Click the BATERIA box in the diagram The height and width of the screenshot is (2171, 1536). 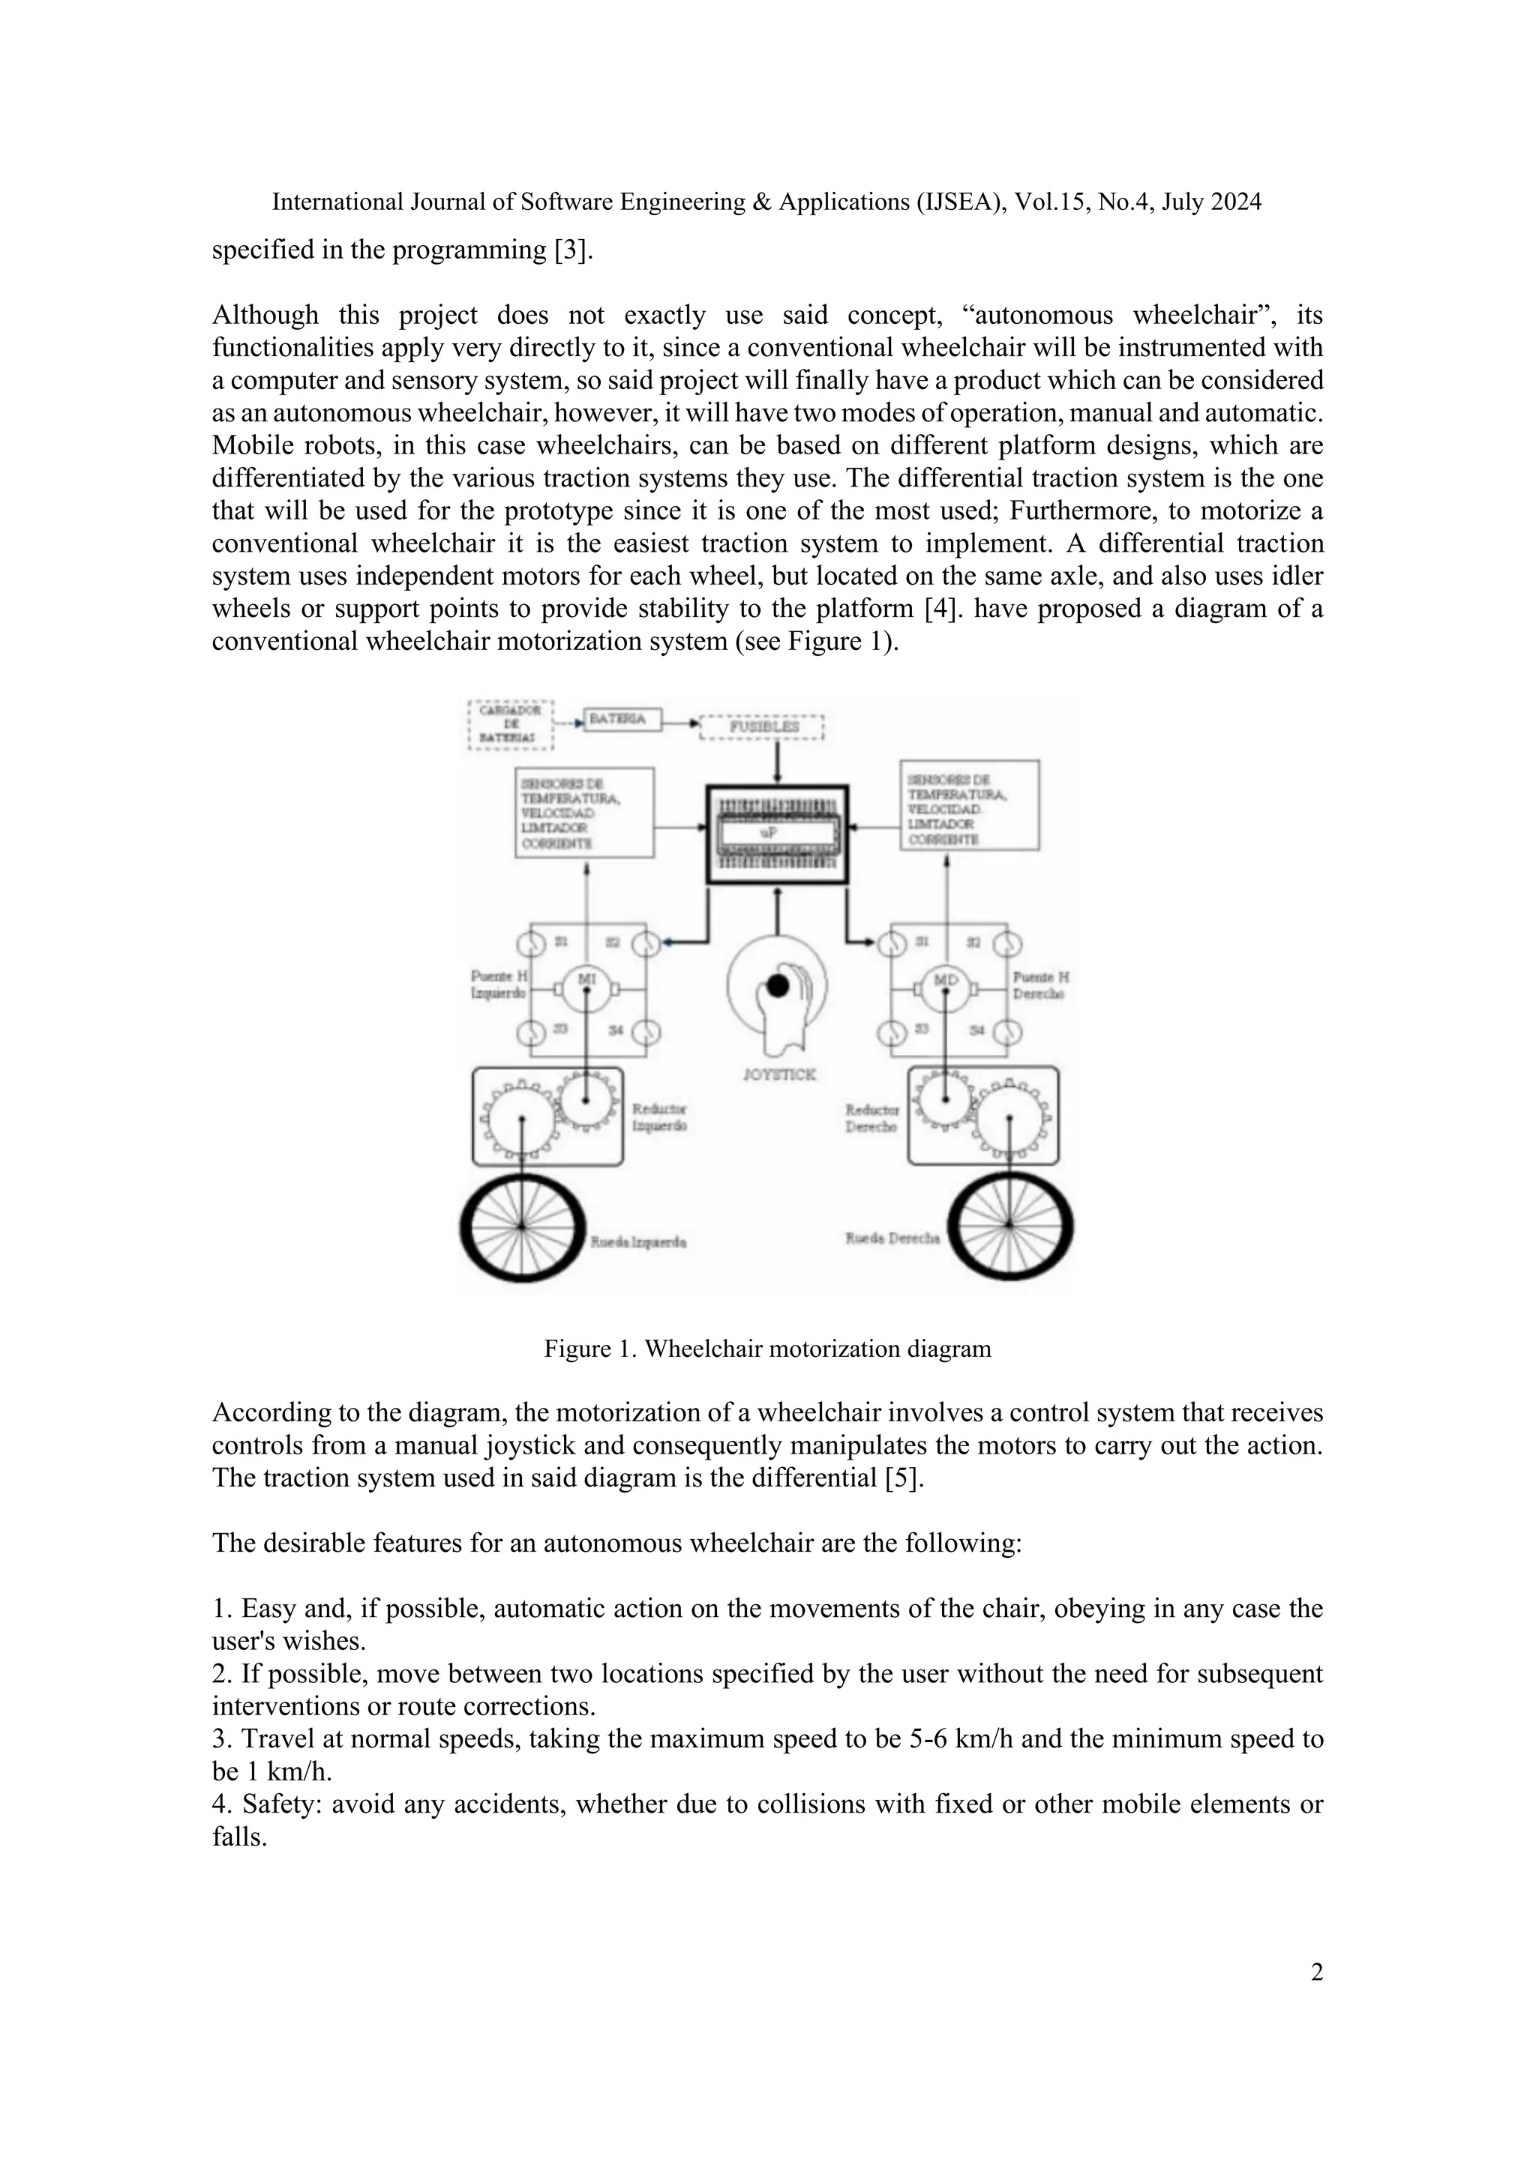coord(616,720)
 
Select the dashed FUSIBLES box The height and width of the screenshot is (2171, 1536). coord(762,727)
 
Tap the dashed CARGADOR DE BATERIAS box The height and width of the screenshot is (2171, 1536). coord(511,724)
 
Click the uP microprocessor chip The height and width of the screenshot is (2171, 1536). coord(778,834)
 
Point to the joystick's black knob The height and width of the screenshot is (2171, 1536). coord(778,987)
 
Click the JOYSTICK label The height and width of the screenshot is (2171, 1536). coord(778,1075)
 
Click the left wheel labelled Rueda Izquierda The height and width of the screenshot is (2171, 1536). coord(521,1226)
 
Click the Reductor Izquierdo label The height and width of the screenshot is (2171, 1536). coord(659,1117)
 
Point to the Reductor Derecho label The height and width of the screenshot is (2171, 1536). coord(872,1118)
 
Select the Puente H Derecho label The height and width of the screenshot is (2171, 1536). coord(1040,985)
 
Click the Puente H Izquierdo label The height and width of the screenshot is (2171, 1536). coord(499,984)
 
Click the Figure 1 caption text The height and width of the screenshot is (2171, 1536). coord(767,1349)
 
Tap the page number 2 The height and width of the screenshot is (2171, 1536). coord(1316,1972)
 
